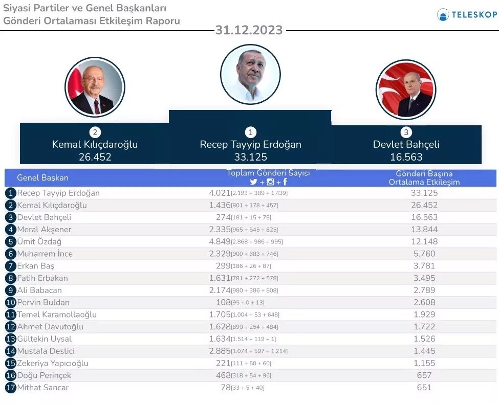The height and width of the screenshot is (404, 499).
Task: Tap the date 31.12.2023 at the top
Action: (249, 30)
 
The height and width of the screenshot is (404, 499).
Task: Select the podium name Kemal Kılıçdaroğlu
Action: (95, 144)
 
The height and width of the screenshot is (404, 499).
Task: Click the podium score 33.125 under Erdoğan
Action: (250, 157)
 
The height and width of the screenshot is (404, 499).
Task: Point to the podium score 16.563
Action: (406, 157)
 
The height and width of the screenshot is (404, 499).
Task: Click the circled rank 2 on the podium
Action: (95, 132)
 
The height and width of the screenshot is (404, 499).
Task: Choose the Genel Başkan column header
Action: (42, 178)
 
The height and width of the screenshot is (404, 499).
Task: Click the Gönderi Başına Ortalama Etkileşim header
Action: (424, 178)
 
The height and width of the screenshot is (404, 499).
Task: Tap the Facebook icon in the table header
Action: (285, 182)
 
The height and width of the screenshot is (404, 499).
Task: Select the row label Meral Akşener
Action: (44, 230)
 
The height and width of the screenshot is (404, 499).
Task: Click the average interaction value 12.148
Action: (424, 241)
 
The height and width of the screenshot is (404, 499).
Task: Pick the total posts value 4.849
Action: (220, 241)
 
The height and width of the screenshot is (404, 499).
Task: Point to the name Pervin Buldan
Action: (43, 302)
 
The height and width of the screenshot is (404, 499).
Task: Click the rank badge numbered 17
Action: (10, 388)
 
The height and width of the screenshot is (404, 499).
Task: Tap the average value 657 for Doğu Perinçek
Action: (424, 375)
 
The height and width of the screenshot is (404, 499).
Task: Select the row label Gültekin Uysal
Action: (45, 339)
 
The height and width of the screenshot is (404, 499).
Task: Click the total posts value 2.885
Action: (220, 351)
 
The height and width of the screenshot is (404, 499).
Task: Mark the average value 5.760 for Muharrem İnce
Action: (424, 254)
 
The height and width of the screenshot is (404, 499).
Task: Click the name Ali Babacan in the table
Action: (40, 290)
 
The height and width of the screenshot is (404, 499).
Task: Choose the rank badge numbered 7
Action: (10, 266)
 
